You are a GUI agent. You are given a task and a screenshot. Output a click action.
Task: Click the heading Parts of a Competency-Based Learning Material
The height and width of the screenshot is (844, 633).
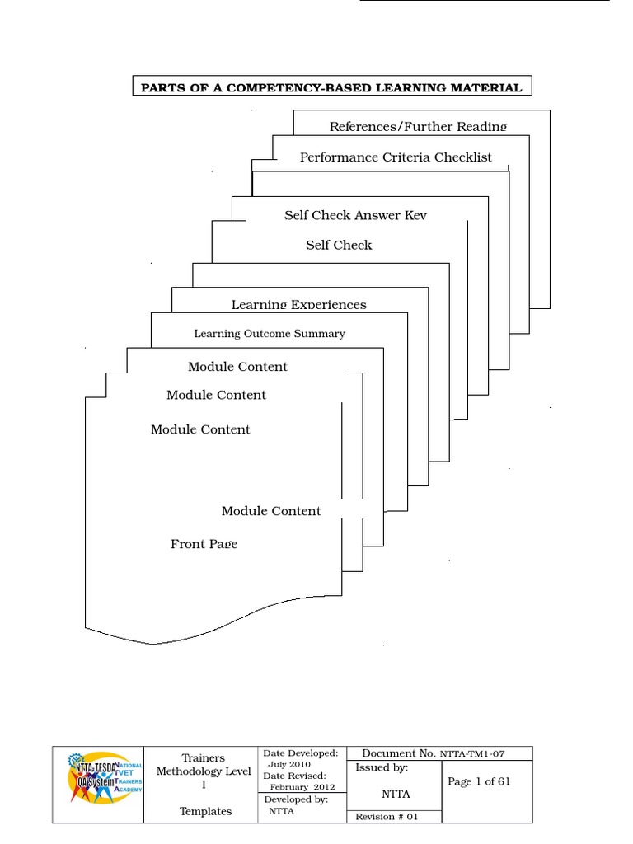tap(331, 87)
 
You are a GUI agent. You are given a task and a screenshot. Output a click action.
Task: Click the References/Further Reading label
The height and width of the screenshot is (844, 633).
tap(418, 126)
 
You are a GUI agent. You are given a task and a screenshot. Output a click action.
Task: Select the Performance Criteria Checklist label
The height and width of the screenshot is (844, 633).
tap(396, 157)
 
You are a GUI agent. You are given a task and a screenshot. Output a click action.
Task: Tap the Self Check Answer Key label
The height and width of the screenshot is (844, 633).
tap(355, 215)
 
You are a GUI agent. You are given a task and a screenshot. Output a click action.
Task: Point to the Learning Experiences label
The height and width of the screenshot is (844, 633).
tap(298, 304)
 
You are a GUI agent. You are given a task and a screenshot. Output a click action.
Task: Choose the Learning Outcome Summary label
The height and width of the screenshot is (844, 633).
tap(270, 334)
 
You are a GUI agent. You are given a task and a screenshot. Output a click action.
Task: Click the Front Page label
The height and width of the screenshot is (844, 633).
tap(204, 544)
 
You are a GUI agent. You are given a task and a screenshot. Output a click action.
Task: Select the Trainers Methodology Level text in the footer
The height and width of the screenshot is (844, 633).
tap(203, 771)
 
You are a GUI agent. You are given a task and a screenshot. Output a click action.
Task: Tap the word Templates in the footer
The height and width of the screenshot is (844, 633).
tap(205, 811)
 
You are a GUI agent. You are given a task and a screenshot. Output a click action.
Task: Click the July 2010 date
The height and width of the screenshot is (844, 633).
tap(288, 764)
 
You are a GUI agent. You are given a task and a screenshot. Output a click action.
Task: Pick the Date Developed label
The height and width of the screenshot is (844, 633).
tap(300, 753)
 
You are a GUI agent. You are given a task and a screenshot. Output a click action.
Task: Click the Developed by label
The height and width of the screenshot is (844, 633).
tap(296, 799)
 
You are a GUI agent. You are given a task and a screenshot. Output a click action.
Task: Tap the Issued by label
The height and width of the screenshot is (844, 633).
tap(382, 768)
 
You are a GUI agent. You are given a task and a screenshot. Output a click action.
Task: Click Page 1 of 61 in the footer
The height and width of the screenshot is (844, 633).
tap(479, 781)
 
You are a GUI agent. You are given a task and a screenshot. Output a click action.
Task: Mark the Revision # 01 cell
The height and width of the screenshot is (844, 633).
tap(387, 816)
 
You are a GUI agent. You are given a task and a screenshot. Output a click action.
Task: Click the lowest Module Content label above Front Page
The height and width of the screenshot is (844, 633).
tap(271, 511)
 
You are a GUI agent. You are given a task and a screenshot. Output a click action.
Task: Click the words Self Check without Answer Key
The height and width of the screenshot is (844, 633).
tap(339, 245)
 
